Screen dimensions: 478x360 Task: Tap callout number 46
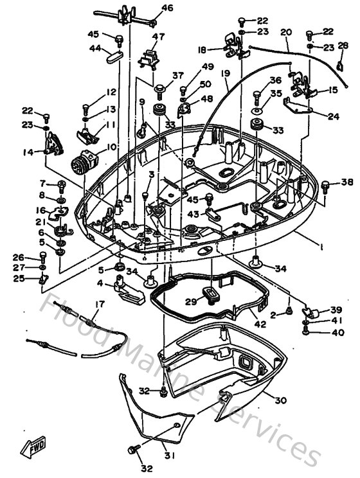point(167,8)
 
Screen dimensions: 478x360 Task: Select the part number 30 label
point(280,400)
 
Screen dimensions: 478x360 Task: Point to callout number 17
point(99,305)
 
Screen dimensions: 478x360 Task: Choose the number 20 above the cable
point(286,32)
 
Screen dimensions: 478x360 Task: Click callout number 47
point(158,36)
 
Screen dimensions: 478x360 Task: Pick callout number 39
point(336,309)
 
